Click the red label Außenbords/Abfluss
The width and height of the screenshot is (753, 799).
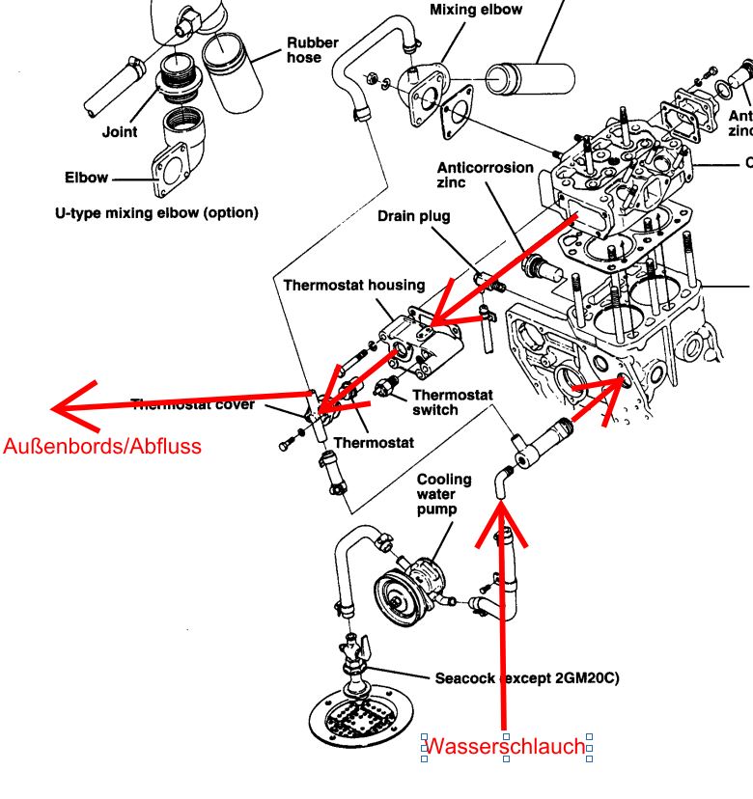102,447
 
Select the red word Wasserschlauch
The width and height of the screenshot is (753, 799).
505,746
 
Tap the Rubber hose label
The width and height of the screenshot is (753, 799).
311,50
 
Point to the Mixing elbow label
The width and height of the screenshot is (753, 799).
476,10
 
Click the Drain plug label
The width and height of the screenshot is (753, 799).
414,216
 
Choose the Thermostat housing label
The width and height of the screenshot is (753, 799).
353,286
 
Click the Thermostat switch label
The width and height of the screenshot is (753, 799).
453,402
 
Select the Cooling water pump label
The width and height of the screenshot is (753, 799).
444,494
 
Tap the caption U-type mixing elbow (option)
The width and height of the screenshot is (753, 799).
155,211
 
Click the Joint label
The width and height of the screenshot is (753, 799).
120,132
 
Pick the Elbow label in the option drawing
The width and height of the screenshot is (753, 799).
86,179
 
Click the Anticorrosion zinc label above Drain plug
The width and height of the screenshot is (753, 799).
485,174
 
